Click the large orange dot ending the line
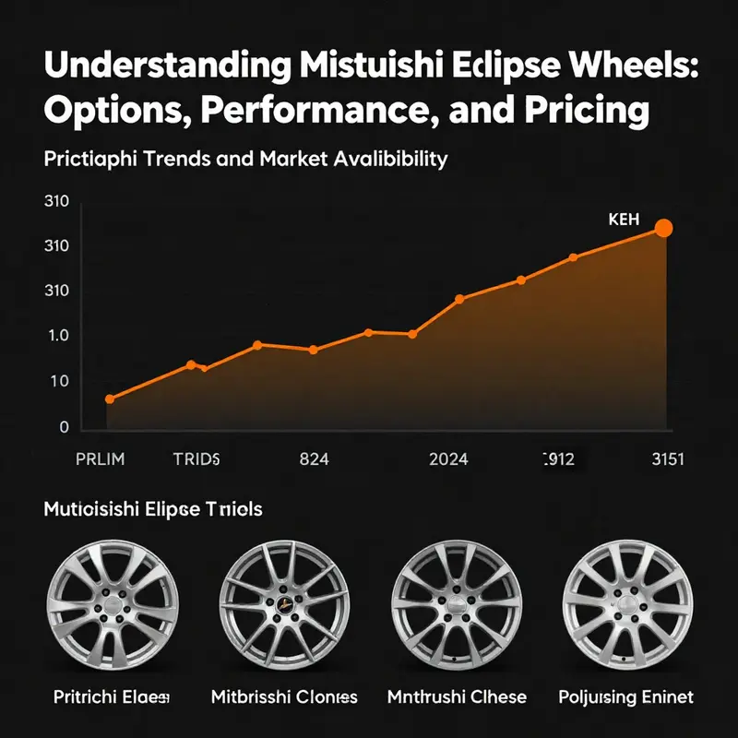662,228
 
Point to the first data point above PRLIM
110,399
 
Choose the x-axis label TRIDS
196,458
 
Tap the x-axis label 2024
448,458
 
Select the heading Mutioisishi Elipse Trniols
152,508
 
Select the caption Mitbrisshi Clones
283,696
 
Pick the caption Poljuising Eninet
625,696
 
